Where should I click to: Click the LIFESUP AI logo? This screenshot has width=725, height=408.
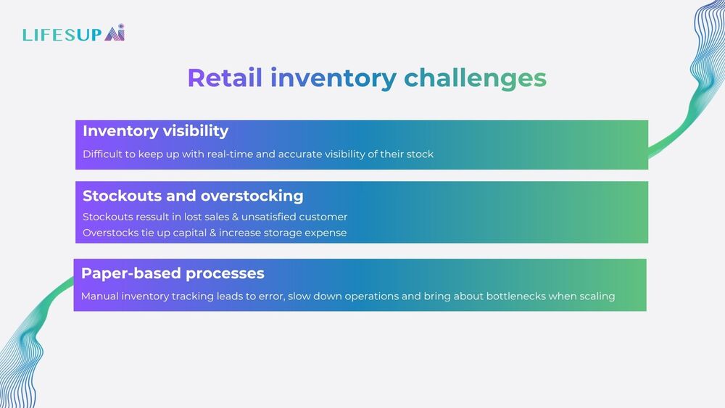coord(73,33)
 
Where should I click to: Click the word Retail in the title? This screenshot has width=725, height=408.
coord(225,78)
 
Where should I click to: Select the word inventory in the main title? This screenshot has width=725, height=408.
coord(333,78)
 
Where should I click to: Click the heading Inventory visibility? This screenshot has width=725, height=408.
coord(155,131)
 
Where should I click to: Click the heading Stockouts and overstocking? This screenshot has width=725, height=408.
coord(193,196)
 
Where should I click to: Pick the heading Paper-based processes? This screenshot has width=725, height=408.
coord(173,273)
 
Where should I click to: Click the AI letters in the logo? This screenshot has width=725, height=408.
coord(115,33)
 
